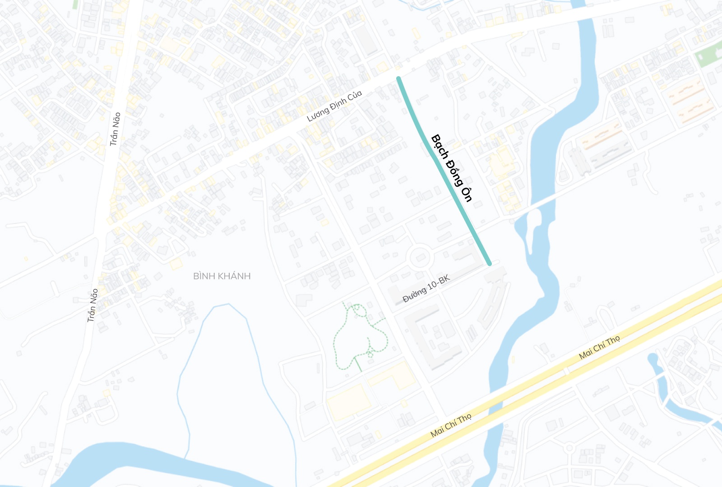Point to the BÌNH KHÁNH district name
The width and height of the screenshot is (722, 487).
(x=222, y=276)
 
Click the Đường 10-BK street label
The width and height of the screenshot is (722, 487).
(x=426, y=289)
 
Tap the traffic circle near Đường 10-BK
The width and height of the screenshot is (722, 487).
(x=420, y=258)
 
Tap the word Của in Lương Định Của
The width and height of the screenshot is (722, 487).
(x=355, y=96)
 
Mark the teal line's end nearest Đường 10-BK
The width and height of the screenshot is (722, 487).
(x=489, y=263)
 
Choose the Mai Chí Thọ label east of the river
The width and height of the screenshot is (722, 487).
(x=599, y=347)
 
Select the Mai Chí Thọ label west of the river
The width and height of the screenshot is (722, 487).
(x=451, y=425)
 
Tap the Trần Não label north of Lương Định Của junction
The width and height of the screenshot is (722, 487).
(x=115, y=129)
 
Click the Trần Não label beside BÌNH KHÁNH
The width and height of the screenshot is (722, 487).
(x=93, y=305)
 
